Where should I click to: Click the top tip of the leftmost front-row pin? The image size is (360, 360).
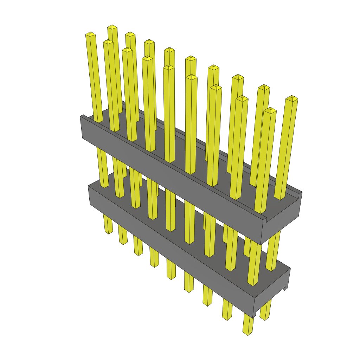point(90,34)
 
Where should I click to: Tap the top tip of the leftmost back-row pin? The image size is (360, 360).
point(112,27)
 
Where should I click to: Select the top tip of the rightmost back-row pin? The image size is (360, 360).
point(291,97)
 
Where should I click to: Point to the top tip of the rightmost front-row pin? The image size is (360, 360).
point(270,110)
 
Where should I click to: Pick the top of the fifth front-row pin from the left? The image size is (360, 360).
point(169,67)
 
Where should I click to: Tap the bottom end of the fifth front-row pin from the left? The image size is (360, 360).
point(171,277)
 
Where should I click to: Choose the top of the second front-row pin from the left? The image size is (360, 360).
point(108,42)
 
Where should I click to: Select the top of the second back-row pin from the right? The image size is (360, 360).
point(263,87)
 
